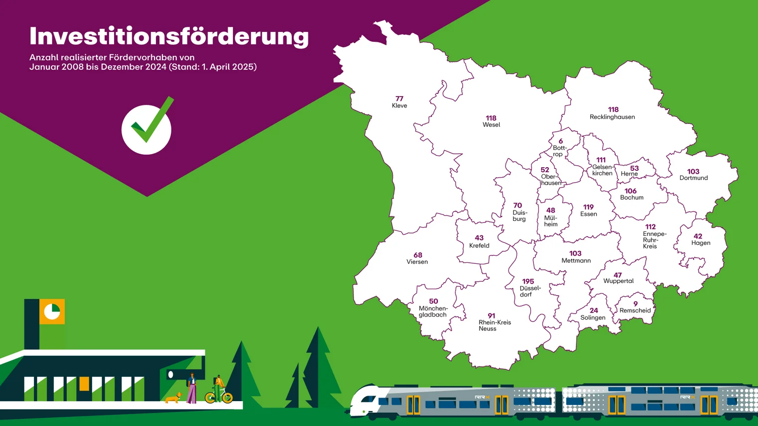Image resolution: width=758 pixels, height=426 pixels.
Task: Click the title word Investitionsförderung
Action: pyautogui.click(x=169, y=36)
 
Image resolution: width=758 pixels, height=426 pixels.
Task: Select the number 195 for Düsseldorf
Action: pyautogui.click(x=528, y=281)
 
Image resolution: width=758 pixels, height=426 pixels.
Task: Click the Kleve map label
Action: pyautogui.click(x=399, y=106)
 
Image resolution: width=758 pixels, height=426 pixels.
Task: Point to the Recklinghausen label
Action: pyautogui.click(x=612, y=117)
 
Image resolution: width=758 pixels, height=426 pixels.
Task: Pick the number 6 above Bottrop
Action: pyautogui.click(x=560, y=141)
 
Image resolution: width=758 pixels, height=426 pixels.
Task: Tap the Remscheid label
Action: pyautogui.click(x=635, y=311)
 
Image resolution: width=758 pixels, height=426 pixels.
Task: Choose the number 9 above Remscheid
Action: pyautogui.click(x=635, y=304)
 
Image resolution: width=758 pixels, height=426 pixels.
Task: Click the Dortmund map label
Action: pyautogui.click(x=693, y=178)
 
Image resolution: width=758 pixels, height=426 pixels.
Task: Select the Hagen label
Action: pyautogui.click(x=701, y=243)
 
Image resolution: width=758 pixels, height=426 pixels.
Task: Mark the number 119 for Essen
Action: pyautogui.click(x=589, y=207)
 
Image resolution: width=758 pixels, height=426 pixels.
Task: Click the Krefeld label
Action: pyautogui.click(x=479, y=245)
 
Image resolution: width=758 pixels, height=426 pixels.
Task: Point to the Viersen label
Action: pyautogui.click(x=417, y=262)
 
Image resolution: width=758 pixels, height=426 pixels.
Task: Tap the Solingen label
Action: pyautogui.click(x=593, y=318)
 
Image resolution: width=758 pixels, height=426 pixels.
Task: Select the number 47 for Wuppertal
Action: pyautogui.click(x=618, y=275)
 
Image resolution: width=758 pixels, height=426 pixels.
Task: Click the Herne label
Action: pyautogui.click(x=629, y=174)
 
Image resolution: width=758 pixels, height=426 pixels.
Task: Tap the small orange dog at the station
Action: pyautogui.click(x=173, y=398)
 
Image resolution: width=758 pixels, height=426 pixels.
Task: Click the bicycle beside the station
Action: pyautogui.click(x=219, y=396)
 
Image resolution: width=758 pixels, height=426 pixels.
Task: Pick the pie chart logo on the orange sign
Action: pyautogui.click(x=52, y=312)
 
